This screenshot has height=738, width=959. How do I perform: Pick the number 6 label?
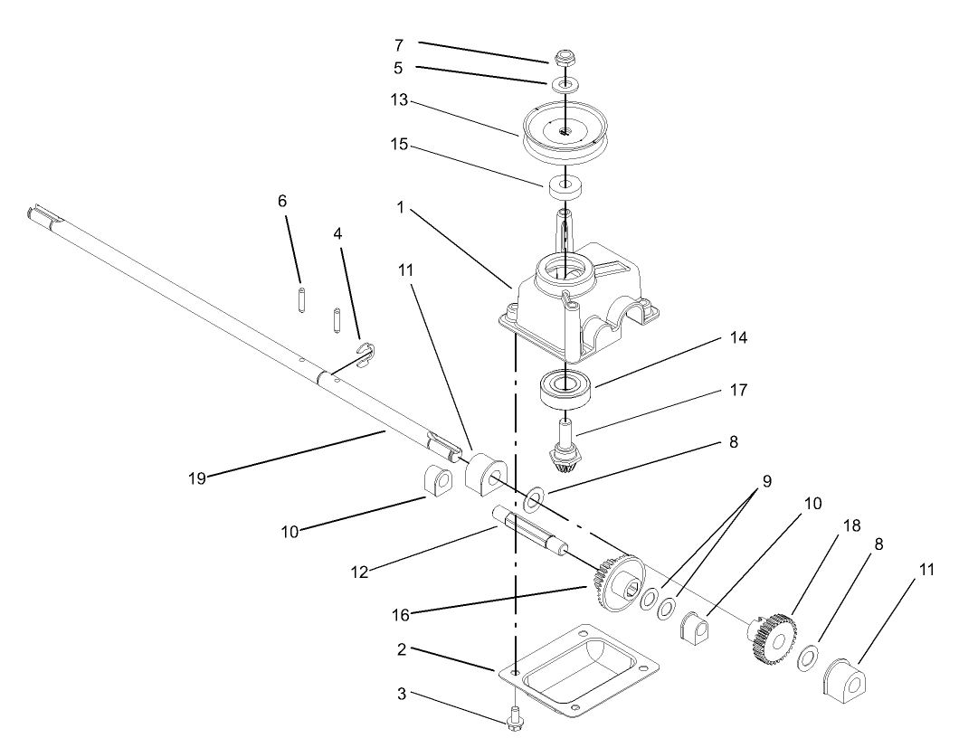click(x=282, y=201)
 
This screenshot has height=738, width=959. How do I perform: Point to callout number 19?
click(x=197, y=478)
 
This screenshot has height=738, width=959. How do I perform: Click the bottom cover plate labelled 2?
click(x=579, y=669)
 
